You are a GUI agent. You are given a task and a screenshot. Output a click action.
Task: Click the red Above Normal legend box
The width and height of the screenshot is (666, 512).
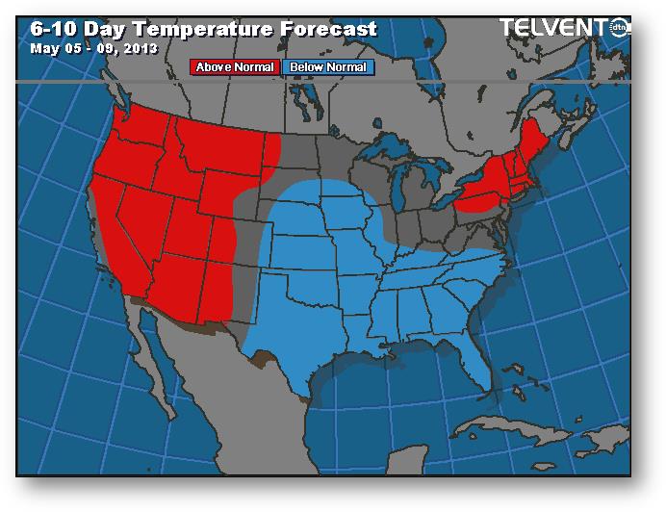click(236, 67)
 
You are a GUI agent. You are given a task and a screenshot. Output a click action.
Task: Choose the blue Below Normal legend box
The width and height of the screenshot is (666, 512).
click(328, 67)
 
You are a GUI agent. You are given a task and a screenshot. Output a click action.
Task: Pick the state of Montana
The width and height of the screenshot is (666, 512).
click(226, 149)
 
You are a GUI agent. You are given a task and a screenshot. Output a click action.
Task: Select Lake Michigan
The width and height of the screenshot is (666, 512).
click(400, 192)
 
